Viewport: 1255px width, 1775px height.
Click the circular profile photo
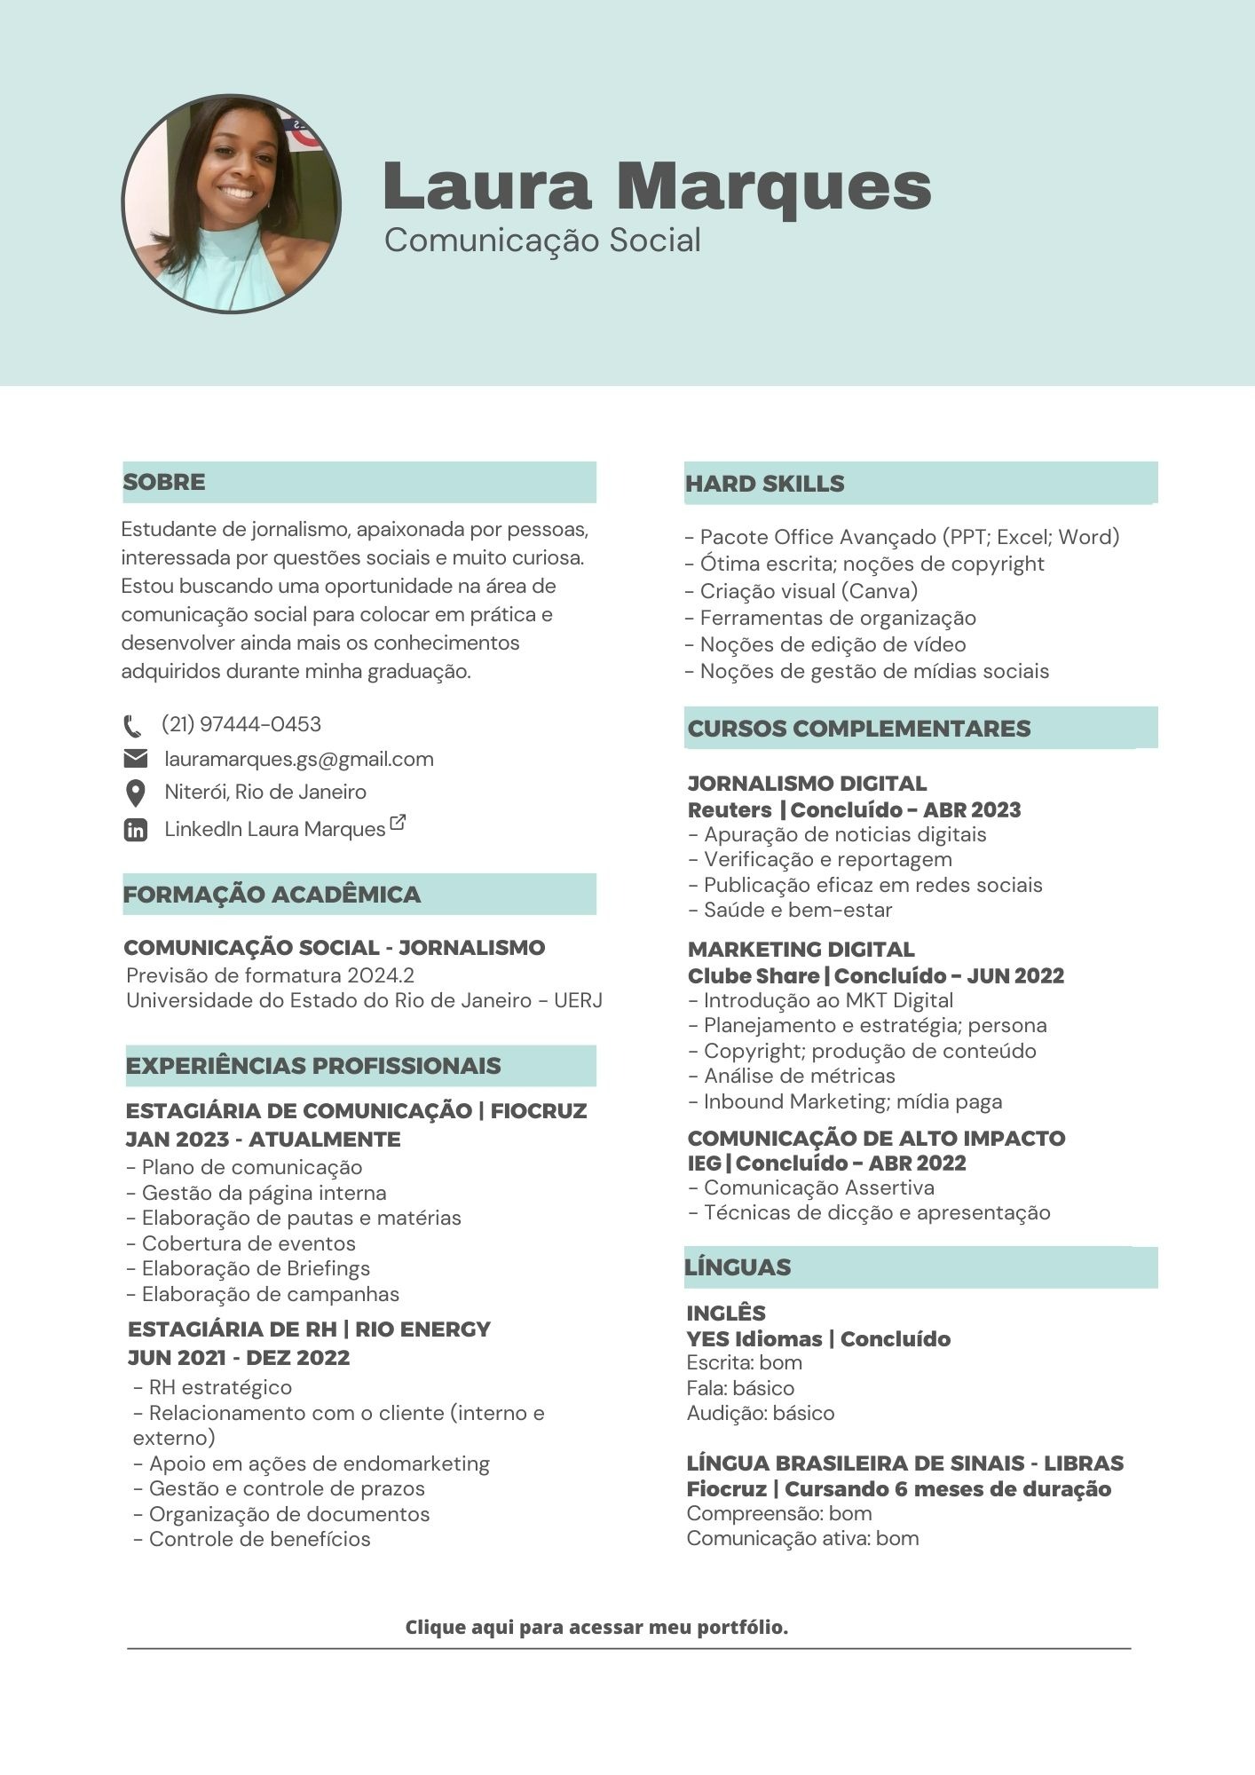pos(232,204)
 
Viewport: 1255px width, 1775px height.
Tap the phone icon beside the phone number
pos(133,726)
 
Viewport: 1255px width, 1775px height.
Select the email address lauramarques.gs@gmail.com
pos(299,759)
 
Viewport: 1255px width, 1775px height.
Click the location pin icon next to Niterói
pos(135,793)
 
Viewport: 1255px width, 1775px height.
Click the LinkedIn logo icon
pos(135,830)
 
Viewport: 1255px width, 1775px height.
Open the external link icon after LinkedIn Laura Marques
pos(398,823)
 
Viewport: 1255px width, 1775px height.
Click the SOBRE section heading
pos(164,482)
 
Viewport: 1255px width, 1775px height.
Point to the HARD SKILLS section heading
pos(764,484)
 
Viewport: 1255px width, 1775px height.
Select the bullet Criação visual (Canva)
pos(808,591)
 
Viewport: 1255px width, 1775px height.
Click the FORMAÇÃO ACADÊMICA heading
pos(272,894)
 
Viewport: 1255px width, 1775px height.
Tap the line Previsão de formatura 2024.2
pos(270,975)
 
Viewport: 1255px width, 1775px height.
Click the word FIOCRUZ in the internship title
pos(539,1110)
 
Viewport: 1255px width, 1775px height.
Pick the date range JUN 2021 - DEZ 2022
pos(239,1357)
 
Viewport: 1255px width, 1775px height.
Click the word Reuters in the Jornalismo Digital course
pos(730,809)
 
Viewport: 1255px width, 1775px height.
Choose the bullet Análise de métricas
pos(799,1076)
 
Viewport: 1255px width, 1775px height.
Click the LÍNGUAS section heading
pos(738,1266)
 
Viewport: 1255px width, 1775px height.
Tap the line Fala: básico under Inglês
pos(740,1388)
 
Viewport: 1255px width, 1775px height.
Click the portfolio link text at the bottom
pos(596,1627)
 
